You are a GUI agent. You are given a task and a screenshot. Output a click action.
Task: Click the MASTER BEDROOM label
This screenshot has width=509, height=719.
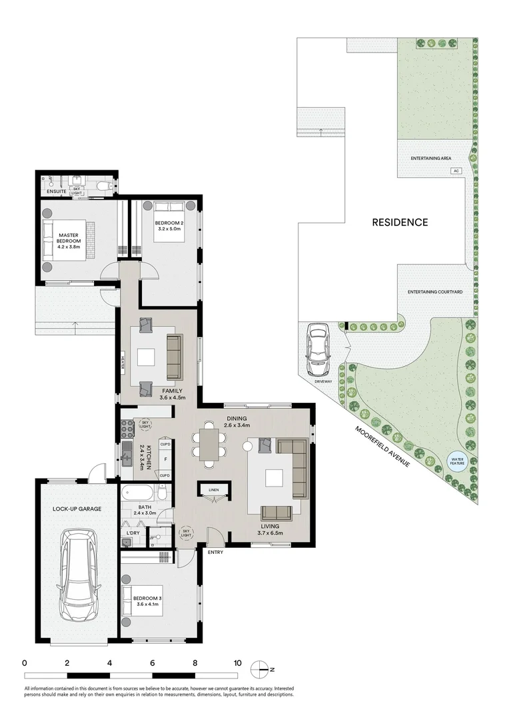click(x=69, y=238)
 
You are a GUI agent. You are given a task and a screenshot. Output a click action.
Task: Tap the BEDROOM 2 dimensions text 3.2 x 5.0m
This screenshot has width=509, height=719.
click(x=169, y=229)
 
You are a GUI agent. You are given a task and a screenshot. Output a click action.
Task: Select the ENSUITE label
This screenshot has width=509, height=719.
click(x=56, y=192)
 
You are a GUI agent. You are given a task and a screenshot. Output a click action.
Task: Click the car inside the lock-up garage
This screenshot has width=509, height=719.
click(x=79, y=575)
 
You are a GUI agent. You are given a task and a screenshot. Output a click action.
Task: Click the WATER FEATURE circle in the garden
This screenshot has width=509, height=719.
click(x=458, y=461)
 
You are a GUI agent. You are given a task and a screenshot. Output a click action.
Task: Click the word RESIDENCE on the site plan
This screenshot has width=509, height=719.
click(x=400, y=222)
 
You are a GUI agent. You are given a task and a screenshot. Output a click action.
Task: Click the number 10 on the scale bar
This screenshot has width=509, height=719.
click(x=237, y=663)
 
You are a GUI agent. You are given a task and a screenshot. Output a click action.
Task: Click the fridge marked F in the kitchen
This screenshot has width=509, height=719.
click(x=165, y=459)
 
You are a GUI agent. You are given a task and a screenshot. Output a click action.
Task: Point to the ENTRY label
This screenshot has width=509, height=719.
click(x=215, y=552)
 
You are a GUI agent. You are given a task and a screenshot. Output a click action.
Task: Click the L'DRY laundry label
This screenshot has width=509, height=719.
click(x=133, y=533)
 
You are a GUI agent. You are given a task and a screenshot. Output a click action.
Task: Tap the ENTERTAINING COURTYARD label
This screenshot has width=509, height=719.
click(x=435, y=292)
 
